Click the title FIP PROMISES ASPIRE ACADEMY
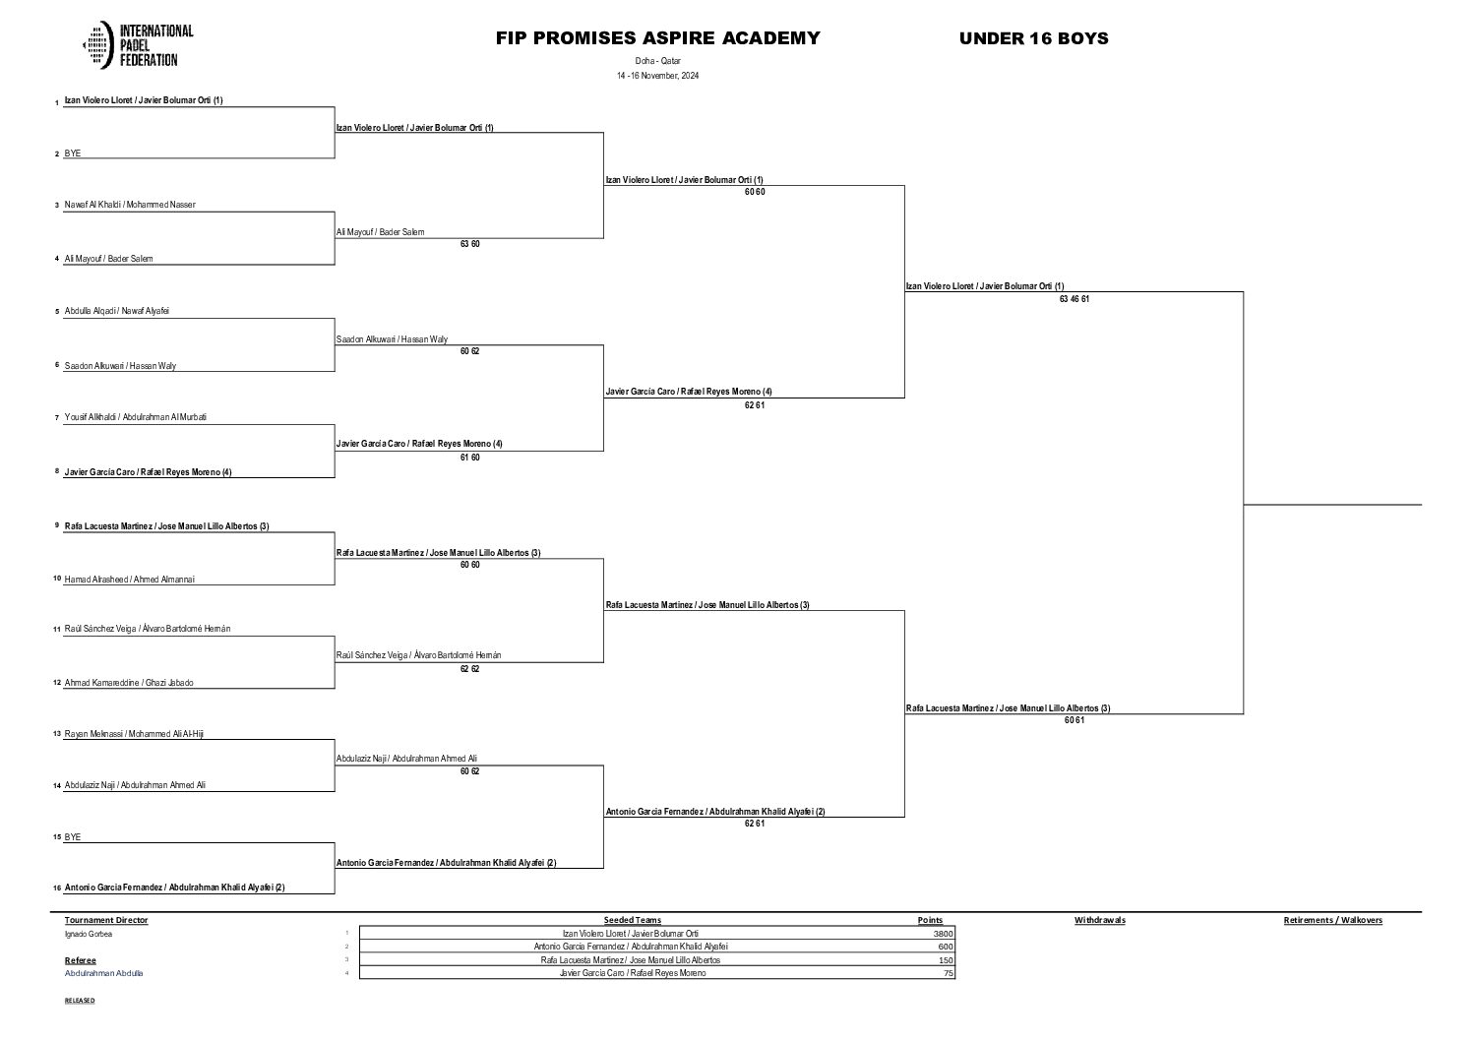(657, 38)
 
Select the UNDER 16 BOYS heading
(1033, 38)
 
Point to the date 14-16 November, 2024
(657, 76)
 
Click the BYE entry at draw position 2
(73, 153)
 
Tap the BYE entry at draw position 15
(73, 837)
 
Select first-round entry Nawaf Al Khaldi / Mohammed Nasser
(130, 205)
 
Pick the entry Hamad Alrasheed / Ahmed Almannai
(129, 580)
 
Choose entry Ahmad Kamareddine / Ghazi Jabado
(128, 683)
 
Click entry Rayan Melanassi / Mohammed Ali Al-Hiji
(134, 734)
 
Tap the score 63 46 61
(1074, 299)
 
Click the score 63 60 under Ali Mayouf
(469, 244)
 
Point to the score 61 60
(469, 458)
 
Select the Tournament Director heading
(106, 920)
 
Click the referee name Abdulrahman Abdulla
(103, 973)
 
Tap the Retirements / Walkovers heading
(1332, 920)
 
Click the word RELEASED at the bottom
(80, 1000)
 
